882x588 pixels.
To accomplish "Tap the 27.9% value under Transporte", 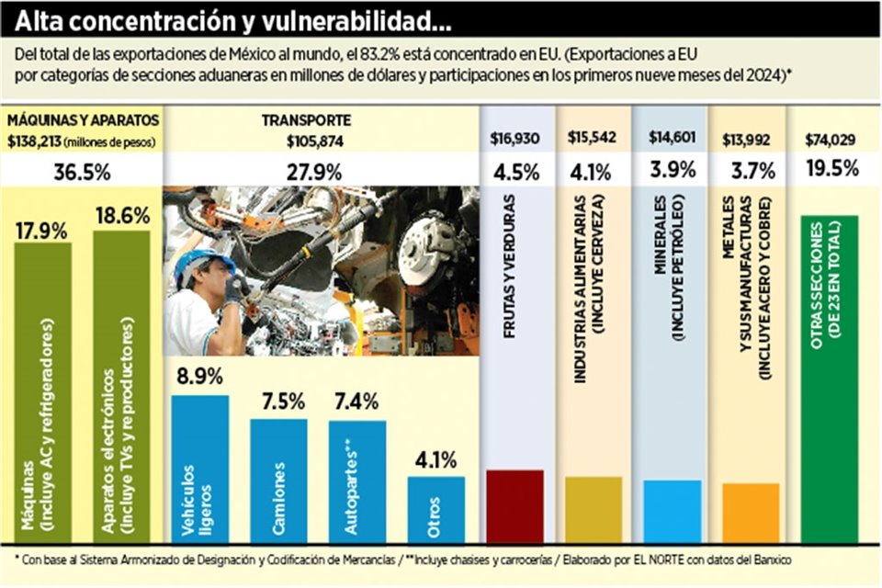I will click(315, 171).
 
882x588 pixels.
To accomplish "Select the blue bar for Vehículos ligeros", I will click(200, 469).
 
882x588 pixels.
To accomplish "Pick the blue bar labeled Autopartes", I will click(357, 481).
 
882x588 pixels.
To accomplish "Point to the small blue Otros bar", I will click(436, 509).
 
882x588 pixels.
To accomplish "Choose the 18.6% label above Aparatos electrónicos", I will click(121, 218).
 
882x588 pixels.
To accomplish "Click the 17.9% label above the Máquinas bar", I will click(41, 230).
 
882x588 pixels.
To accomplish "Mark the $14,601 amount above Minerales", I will click(670, 139).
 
